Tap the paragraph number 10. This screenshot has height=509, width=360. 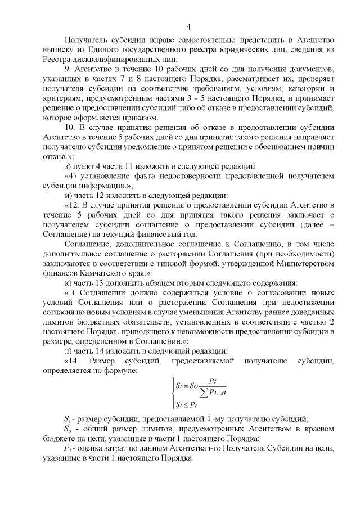(x=69, y=128)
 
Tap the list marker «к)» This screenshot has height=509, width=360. (x=67, y=282)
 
